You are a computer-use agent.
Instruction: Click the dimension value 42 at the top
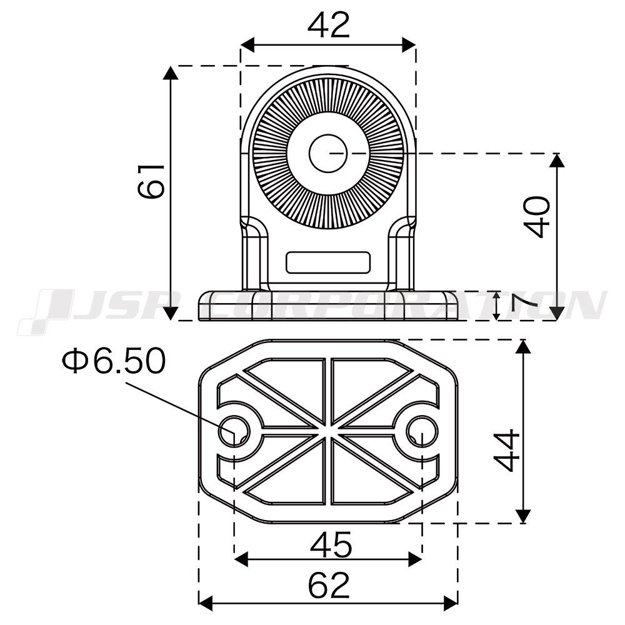coord(329,25)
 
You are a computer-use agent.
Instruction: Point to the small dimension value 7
coord(523,306)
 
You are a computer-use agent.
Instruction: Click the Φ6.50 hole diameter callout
coord(114,360)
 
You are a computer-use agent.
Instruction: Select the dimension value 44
coord(506,451)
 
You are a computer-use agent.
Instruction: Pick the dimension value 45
coord(331,545)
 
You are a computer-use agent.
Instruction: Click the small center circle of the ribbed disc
coord(328,154)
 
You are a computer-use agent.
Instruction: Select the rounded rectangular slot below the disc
coord(328,262)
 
